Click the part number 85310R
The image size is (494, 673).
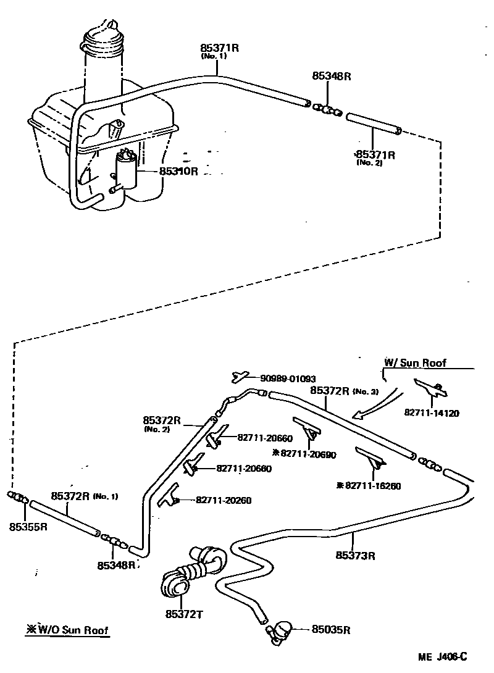click(178, 171)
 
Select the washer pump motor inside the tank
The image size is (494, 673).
click(124, 170)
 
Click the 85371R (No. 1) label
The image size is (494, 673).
click(219, 49)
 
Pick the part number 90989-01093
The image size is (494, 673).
click(287, 378)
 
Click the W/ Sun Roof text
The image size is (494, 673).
click(415, 363)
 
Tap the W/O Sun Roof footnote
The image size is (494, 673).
click(68, 630)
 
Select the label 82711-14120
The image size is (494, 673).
click(432, 413)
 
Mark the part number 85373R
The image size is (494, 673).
click(356, 555)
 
